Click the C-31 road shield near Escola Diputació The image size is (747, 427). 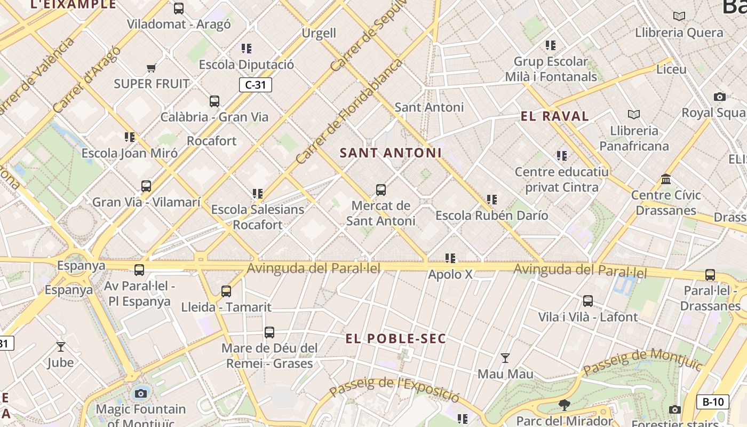(256, 85)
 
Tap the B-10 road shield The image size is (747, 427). (713, 402)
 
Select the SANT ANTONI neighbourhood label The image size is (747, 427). (391, 153)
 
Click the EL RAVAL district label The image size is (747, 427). (555, 116)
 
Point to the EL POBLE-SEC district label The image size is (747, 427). (395, 338)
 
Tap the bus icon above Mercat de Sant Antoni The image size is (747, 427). (381, 190)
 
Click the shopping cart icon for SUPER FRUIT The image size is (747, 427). (152, 68)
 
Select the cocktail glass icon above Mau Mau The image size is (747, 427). (505, 358)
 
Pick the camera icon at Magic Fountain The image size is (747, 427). (141, 394)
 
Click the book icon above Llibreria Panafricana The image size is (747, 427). (634, 114)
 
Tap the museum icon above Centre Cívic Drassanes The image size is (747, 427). (666, 179)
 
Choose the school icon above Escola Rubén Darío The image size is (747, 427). (492, 200)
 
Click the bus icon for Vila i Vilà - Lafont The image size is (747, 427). (588, 301)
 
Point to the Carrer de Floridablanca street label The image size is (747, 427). (349, 112)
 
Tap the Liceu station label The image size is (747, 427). (671, 69)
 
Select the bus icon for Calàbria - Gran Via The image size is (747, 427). (214, 101)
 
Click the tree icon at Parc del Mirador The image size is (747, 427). (565, 405)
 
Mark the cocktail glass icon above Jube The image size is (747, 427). (61, 347)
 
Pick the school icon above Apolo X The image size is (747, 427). (450, 258)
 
